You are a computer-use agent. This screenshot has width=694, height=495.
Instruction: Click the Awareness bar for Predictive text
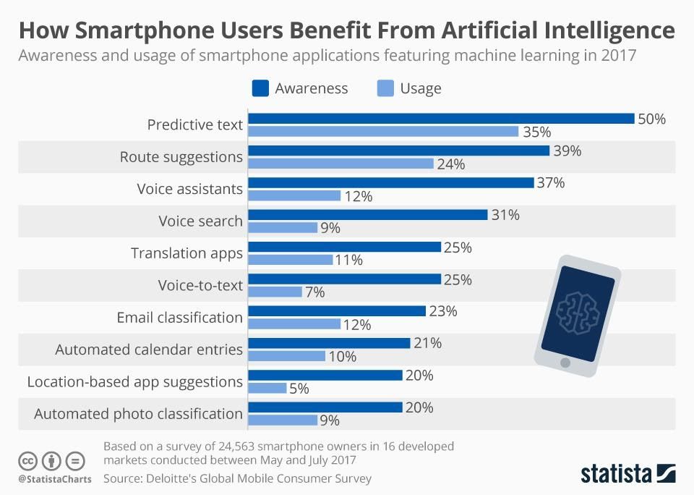441,119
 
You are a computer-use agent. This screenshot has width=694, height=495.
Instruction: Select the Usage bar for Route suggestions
340,164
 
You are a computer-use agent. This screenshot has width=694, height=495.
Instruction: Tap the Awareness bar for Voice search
368,215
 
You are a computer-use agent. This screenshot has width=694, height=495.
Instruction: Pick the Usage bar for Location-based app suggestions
267,388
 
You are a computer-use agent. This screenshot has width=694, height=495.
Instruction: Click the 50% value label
651,119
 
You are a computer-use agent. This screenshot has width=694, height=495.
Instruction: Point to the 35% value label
536,132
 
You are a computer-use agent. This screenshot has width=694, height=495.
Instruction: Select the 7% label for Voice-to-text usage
314,292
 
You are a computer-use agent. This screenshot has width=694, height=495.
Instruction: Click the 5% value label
299,389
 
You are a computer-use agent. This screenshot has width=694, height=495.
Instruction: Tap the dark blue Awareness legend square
260,88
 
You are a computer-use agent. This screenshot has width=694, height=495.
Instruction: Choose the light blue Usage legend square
385,88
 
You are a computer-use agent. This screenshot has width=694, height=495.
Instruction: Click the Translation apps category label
187,253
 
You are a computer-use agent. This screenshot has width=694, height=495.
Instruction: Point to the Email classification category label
179,317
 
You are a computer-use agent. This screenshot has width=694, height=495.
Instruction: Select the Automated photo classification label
138,414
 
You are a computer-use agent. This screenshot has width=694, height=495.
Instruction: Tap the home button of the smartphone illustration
565,362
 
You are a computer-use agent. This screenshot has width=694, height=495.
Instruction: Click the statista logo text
616,474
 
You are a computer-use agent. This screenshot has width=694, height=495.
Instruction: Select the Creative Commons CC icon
27,460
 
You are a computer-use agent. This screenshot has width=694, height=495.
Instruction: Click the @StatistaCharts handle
55,479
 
